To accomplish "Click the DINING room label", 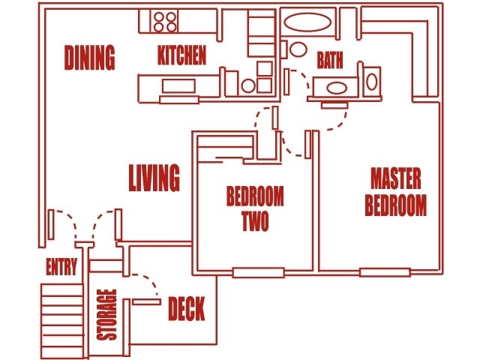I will [x=89, y=57].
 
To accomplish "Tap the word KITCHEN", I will [x=181, y=56].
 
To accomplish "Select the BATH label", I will [x=330, y=60].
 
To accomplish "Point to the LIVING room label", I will [x=154, y=178].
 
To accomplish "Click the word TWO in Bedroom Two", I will [x=255, y=223].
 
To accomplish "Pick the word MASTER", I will [x=396, y=178].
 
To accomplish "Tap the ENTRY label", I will [x=61, y=268].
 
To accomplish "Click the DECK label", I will [x=186, y=309].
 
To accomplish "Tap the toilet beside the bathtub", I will [x=298, y=50].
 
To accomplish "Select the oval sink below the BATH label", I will [x=334, y=88].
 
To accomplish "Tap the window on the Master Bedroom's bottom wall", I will [x=385, y=271].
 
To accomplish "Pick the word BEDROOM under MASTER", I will [x=396, y=205].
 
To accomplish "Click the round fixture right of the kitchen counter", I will [x=248, y=85].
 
